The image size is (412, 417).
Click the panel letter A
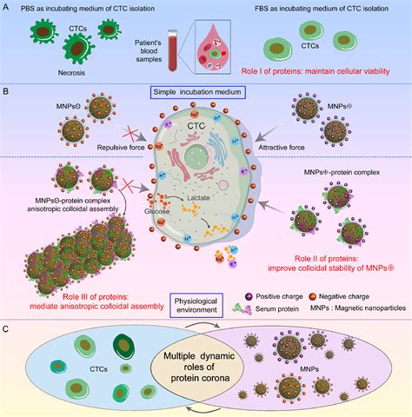click(7, 7)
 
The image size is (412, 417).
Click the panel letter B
click(7, 89)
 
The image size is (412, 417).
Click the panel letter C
click(7, 329)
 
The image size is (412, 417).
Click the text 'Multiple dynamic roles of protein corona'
click(205, 369)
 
